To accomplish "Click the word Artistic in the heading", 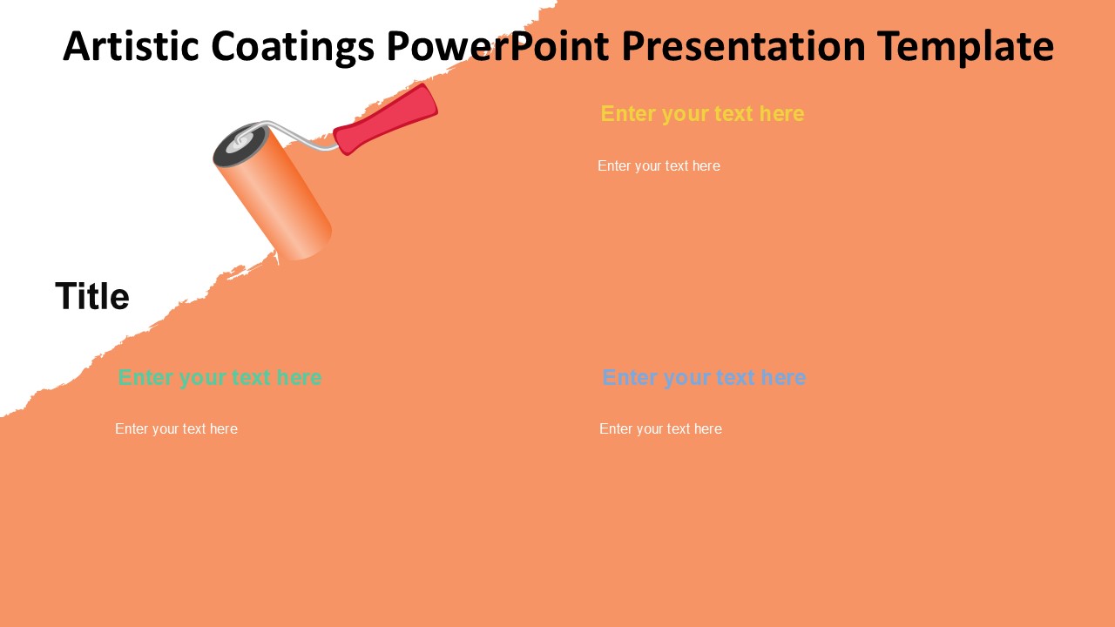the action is (132, 46).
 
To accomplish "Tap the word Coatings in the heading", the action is (293, 47).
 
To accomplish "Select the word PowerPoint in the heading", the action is (497, 46).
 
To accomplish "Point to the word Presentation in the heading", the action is (744, 46).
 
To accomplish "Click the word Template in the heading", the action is (965, 47).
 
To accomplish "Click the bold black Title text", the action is (92, 296).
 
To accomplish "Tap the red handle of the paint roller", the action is (385, 119).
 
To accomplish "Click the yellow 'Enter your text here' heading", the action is (702, 114).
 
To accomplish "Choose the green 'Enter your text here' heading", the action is (220, 378).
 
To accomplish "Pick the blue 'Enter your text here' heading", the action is (704, 378).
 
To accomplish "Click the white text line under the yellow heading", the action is (659, 166).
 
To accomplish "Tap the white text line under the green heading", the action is (176, 429).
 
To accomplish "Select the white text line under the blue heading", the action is (660, 429).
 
